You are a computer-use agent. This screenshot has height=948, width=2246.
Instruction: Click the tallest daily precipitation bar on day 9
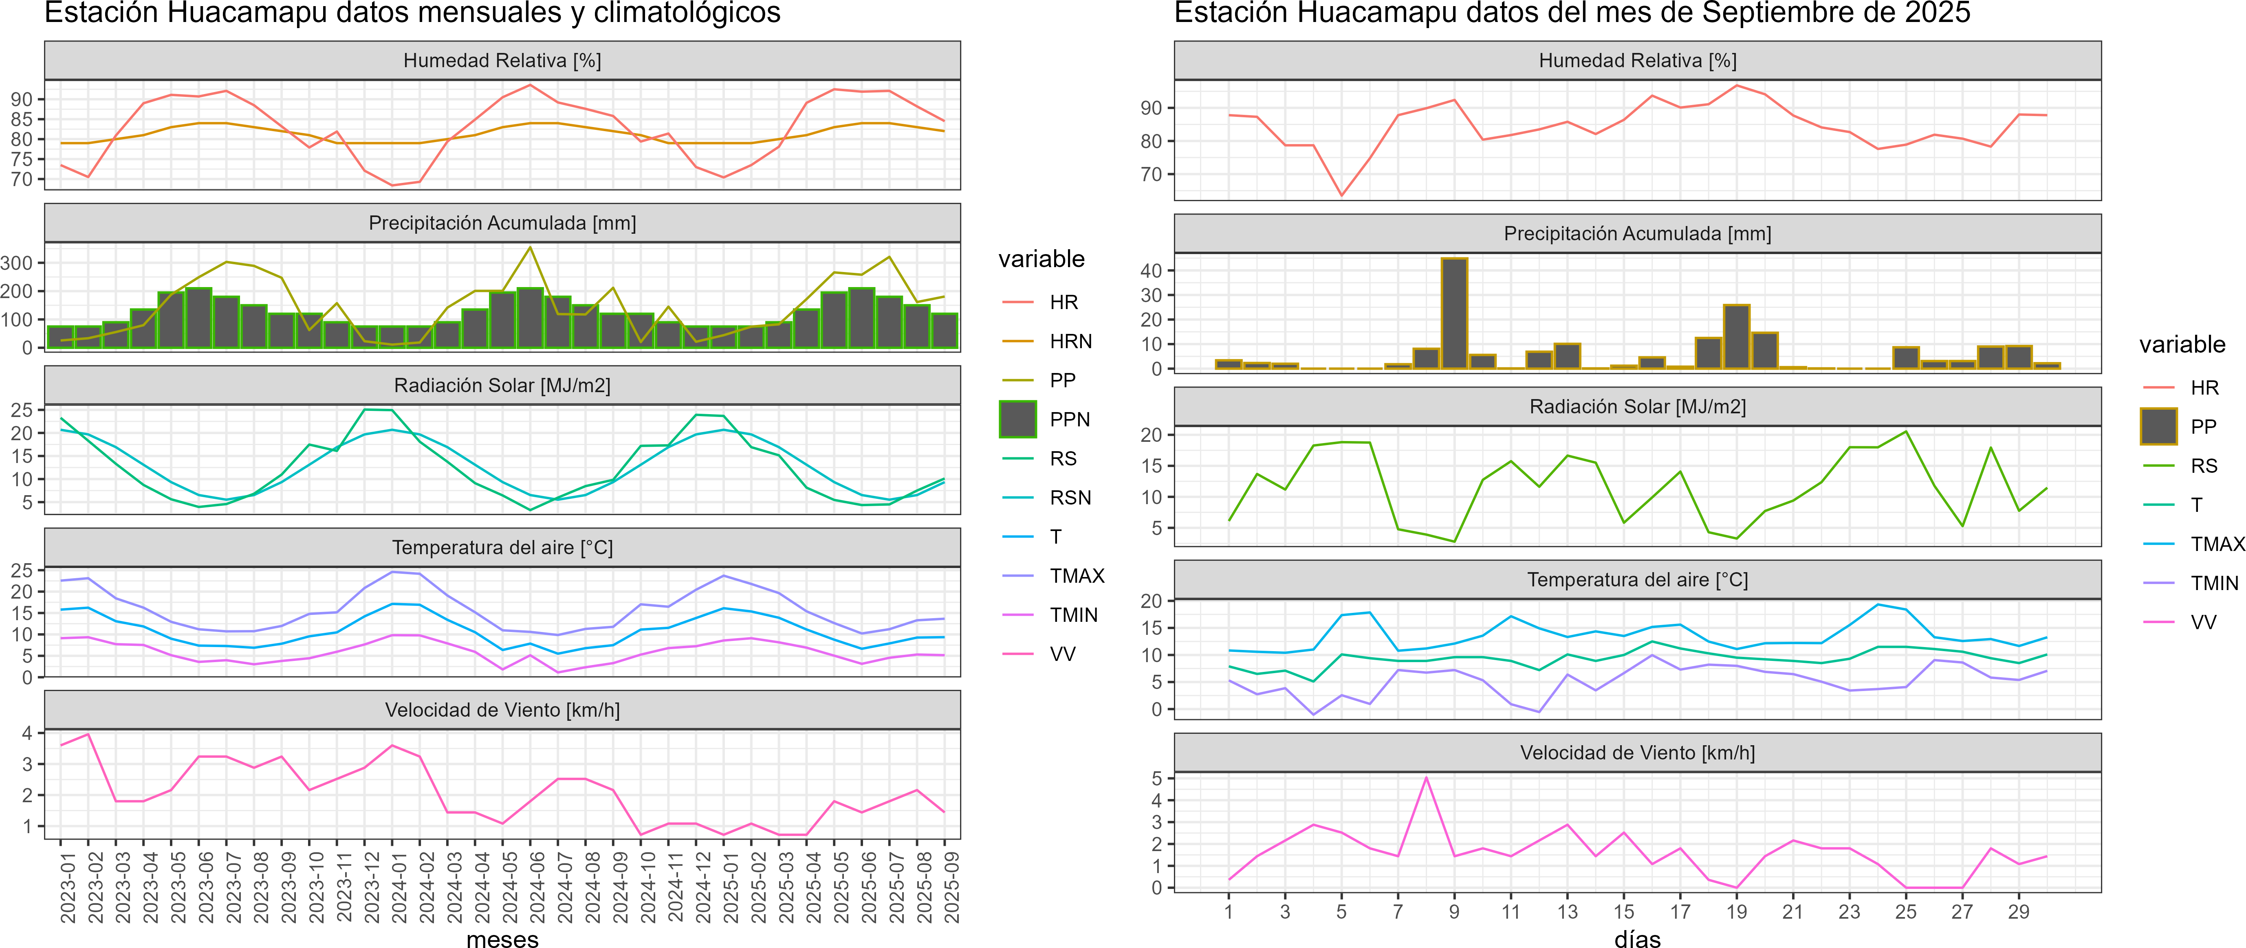click(x=1454, y=314)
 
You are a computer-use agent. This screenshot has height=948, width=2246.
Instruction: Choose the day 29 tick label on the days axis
click(x=2019, y=911)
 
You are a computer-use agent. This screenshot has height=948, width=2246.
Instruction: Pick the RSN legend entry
click(x=1070, y=498)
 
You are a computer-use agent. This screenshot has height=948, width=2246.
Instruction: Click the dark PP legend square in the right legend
click(x=2159, y=426)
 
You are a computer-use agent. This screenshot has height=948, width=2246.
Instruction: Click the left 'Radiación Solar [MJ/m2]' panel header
click(x=502, y=385)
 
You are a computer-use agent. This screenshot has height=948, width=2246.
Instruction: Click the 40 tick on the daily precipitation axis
click(x=1151, y=271)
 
